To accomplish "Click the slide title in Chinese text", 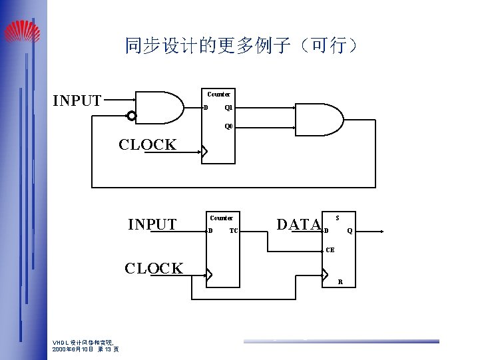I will [242, 45].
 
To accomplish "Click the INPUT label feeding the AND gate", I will [77, 101].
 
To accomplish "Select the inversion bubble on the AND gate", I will [132, 116].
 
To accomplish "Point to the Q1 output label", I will [228, 108].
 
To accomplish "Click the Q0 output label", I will [228, 126].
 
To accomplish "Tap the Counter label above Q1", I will [218, 94].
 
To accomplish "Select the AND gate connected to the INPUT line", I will [160, 107].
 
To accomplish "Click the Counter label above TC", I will [221, 218].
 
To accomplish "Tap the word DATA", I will [298, 225].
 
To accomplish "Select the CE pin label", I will [330, 251].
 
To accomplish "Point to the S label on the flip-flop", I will [338, 218].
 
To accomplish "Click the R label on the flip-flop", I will [340, 281].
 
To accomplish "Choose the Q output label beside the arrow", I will [350, 231].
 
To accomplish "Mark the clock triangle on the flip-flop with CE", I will [326, 274].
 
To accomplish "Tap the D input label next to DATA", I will [326, 231].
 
